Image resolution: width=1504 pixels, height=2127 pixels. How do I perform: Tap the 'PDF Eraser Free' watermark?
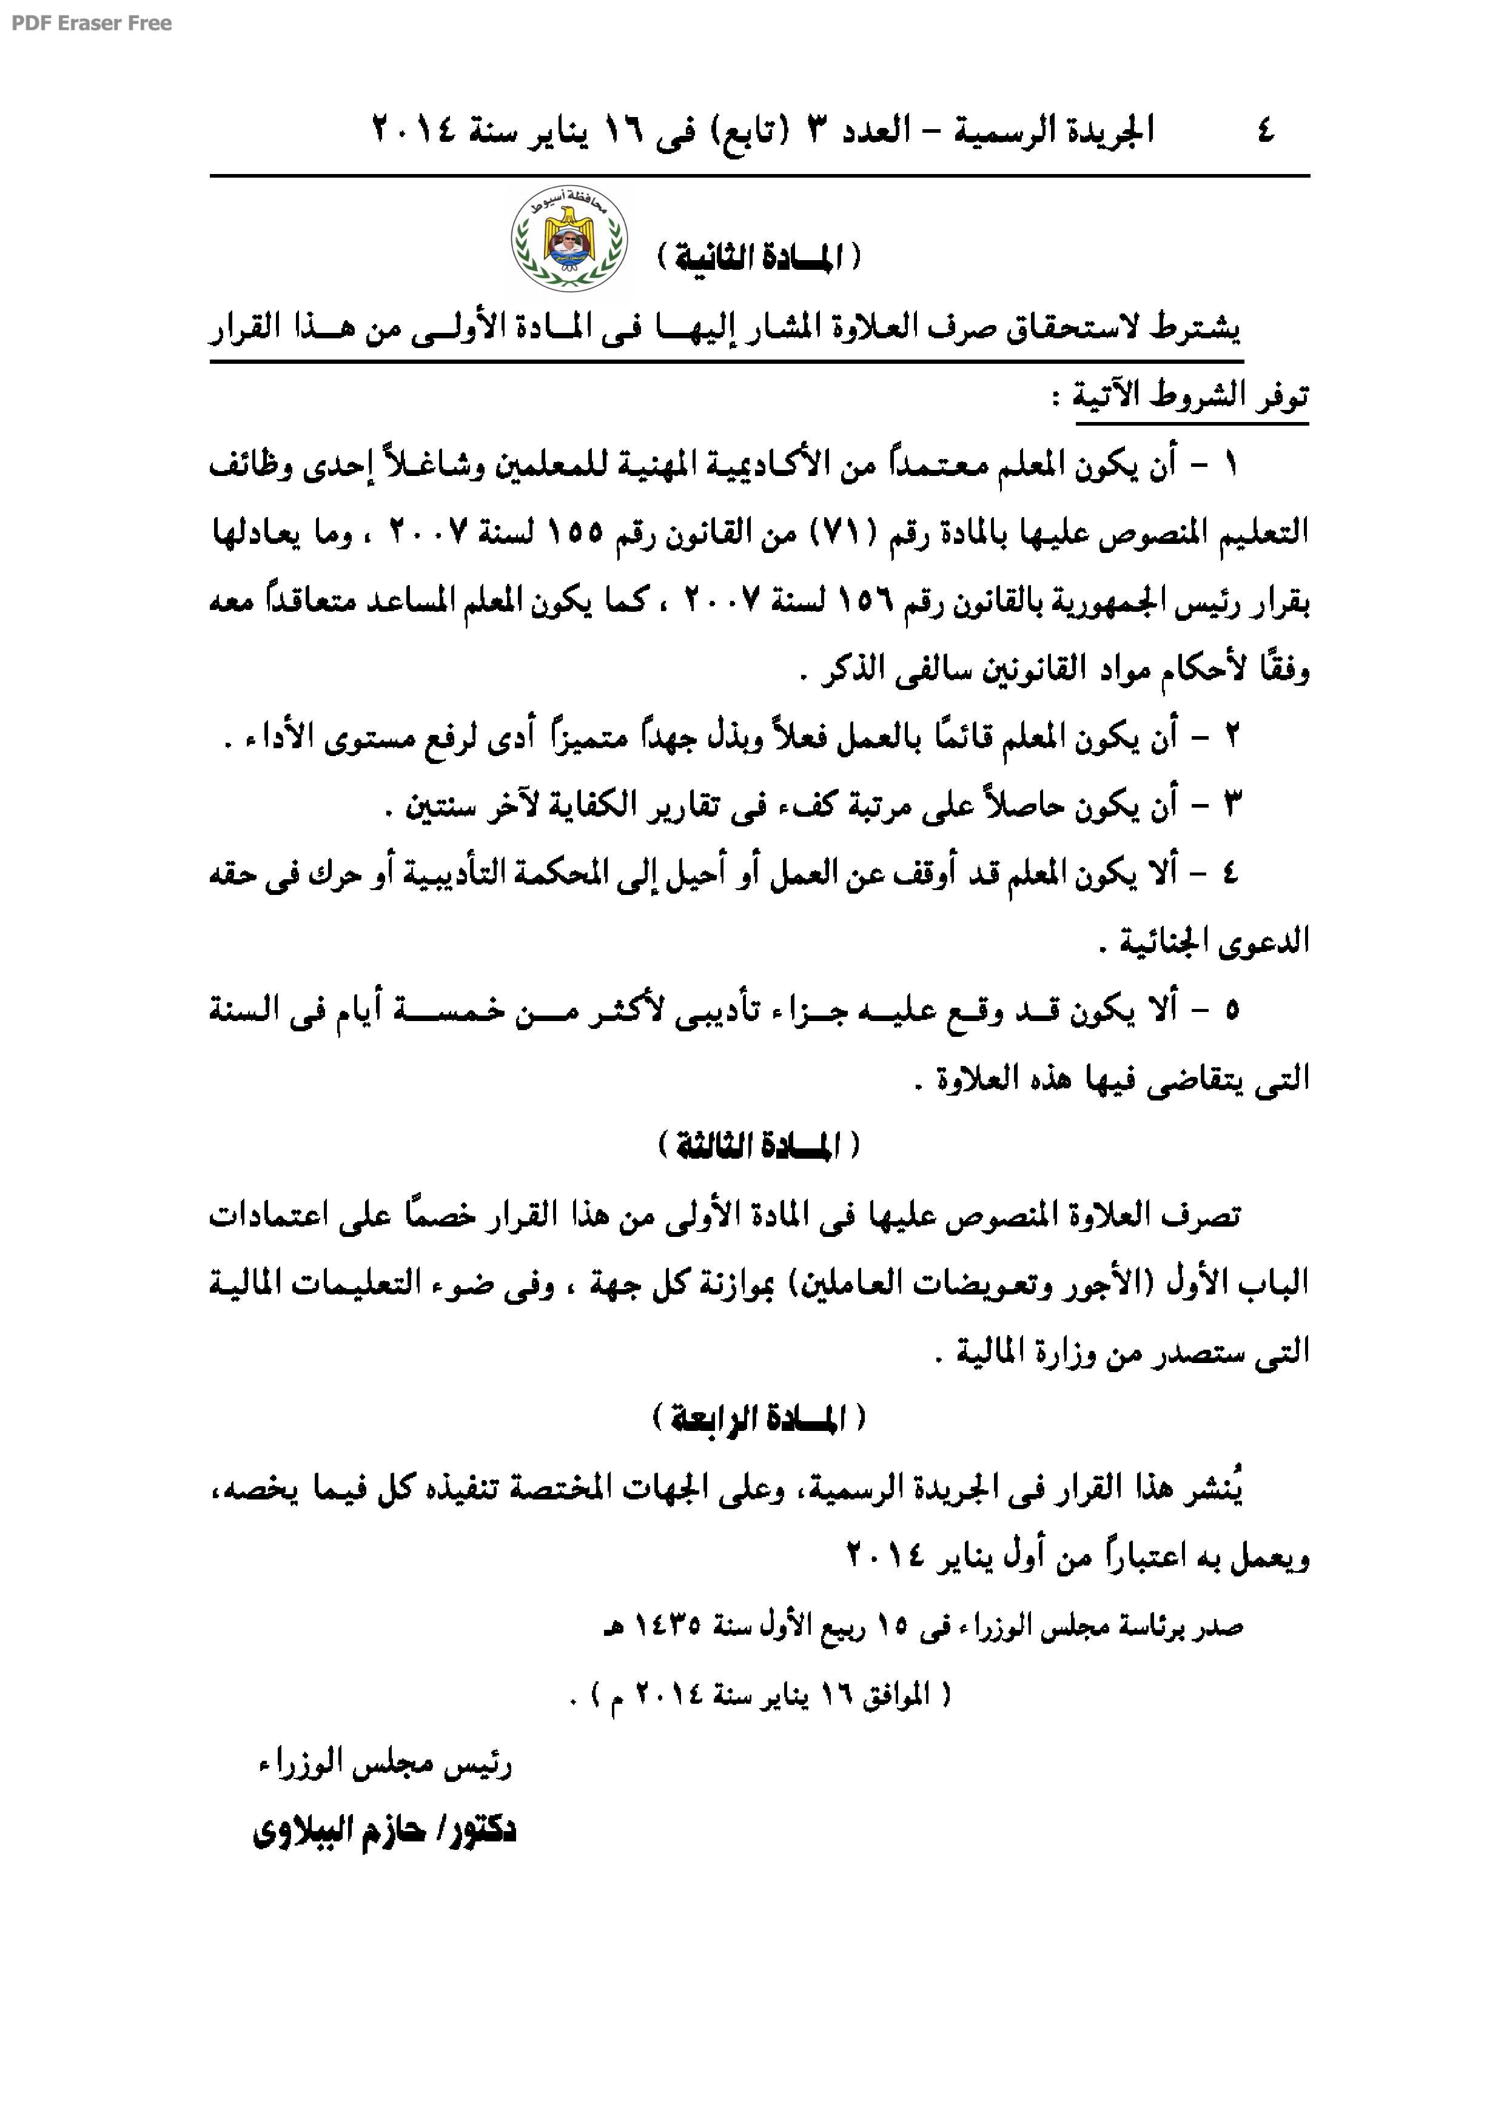click(x=91, y=23)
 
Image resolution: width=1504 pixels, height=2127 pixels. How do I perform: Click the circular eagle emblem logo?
click(x=569, y=239)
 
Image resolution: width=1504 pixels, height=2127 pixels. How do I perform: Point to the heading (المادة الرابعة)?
click(x=759, y=1418)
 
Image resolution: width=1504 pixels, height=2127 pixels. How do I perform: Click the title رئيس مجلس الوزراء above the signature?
click(x=384, y=1766)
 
